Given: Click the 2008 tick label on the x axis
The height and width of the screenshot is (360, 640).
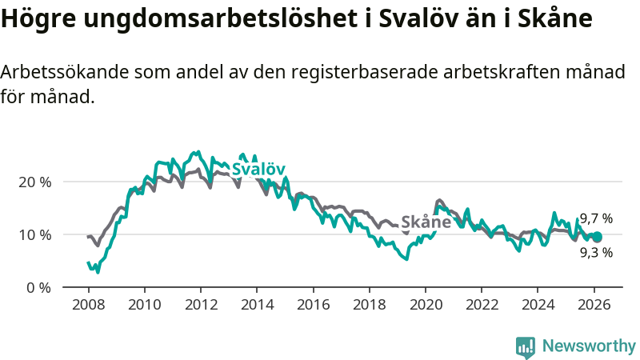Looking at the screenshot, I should pos(88,305).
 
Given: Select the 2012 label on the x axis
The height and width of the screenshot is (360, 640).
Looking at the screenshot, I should pos(201,305).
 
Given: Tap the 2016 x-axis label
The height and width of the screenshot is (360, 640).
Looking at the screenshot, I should pos(314,305).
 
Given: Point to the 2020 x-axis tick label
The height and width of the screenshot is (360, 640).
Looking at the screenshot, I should pos(426,305).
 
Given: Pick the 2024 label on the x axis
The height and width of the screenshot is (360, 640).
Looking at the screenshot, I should pos(538,305).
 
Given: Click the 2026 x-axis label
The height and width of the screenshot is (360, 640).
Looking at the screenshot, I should pos(594,305).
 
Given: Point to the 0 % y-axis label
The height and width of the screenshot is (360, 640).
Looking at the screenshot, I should pos(39,288).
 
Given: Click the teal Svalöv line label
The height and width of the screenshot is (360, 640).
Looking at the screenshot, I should pos(258,169).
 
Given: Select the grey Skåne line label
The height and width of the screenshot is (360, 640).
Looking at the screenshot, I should pos(426,222).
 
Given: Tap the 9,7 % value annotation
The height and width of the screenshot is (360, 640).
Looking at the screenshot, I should pos(596,218).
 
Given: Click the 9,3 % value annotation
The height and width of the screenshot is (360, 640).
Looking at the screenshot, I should pos(596,253).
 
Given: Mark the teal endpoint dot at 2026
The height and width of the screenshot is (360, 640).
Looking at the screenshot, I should pos(597,237).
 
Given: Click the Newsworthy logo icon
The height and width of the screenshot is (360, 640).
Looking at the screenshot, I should pos(526,346).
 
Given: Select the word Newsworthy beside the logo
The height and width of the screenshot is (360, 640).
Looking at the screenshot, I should pos(589,346).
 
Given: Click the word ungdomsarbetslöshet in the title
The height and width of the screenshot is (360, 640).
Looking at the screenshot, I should pos(205,19).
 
